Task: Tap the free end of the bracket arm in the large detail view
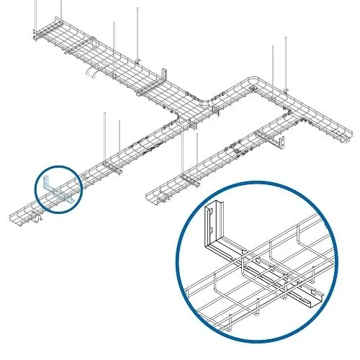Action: click(311, 297)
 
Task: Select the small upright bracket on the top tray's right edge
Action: click(166, 75)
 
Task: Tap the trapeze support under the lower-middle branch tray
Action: click(189, 180)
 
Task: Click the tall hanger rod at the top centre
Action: click(136, 29)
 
